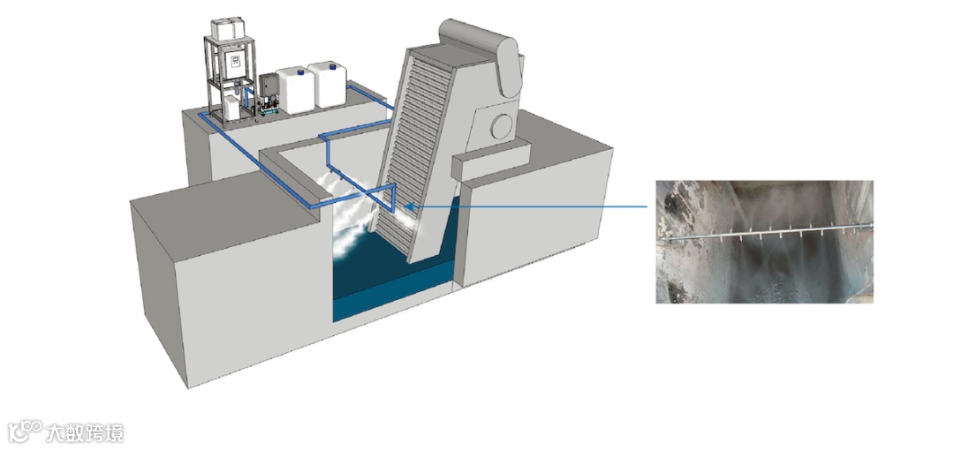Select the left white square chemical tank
coord(294,91)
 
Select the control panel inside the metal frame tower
coord(236,60)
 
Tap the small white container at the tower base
coord(231,108)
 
